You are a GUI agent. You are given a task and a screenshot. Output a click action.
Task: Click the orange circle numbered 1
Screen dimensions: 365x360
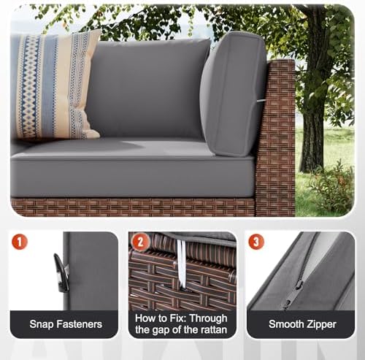pyautogui.click(x=20, y=242)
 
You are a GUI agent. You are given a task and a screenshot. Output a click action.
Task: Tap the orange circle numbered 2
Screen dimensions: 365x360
pyautogui.click(x=140, y=242)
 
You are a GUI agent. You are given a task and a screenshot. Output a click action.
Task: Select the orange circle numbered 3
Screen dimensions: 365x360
pyautogui.click(x=256, y=242)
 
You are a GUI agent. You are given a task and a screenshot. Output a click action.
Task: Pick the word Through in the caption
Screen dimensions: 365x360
pyautogui.click(x=208, y=318)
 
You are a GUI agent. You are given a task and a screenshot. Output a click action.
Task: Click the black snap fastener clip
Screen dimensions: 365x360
pyautogui.click(x=61, y=272)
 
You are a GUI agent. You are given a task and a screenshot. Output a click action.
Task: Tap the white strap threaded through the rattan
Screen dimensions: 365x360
pyautogui.click(x=182, y=264)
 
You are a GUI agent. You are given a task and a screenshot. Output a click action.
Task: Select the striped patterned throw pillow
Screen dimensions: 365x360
pyautogui.click(x=55, y=85)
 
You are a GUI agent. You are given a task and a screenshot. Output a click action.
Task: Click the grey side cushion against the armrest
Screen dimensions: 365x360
pyautogui.click(x=233, y=94)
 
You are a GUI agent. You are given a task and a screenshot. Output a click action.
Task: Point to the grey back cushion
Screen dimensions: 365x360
pyautogui.click(x=148, y=89)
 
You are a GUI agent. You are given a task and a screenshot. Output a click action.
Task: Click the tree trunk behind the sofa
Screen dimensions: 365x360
pyautogui.click(x=314, y=102)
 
